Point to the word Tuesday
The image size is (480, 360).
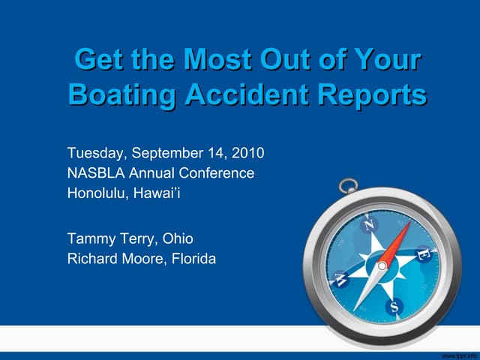pyautogui.click(x=97, y=154)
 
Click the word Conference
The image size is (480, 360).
pyautogui.click(x=218, y=173)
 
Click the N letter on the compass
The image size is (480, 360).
pyautogui.click(x=369, y=224)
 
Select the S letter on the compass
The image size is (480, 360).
pyautogui.click(x=393, y=306)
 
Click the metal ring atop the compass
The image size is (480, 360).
pyautogui.click(x=349, y=185)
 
